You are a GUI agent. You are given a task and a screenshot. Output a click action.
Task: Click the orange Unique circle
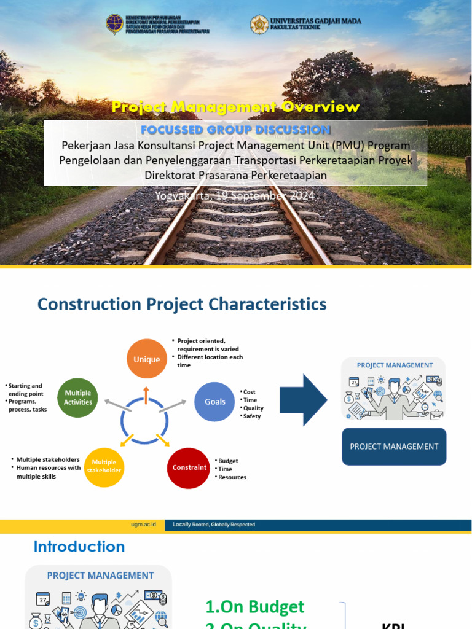tap(146, 359)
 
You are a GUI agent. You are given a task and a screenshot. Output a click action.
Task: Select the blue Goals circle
tap(214, 402)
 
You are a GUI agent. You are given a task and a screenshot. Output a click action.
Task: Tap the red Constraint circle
tap(189, 467)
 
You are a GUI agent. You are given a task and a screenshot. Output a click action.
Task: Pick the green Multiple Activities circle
tap(77, 397)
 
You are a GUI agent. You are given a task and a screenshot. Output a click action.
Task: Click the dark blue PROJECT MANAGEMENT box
tap(394, 447)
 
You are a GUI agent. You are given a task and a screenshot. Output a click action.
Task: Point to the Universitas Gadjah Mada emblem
tap(259, 25)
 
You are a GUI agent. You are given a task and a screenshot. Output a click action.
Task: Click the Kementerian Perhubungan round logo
tap(114, 25)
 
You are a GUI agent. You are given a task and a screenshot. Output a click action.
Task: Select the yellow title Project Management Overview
tap(235, 107)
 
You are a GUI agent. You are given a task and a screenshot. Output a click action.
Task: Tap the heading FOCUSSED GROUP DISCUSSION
tap(235, 130)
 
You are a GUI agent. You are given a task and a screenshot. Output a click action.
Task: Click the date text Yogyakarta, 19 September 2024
tap(235, 195)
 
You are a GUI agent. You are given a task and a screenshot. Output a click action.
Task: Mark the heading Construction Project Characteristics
tap(182, 304)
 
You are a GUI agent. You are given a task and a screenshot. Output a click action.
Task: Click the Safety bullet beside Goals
tap(252, 416)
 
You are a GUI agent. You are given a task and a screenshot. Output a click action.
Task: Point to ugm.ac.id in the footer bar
tap(147, 525)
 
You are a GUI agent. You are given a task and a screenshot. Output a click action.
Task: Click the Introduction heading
tap(79, 546)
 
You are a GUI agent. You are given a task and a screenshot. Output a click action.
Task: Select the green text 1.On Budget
tap(254, 607)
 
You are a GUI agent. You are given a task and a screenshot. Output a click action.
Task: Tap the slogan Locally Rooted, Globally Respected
tap(214, 525)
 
